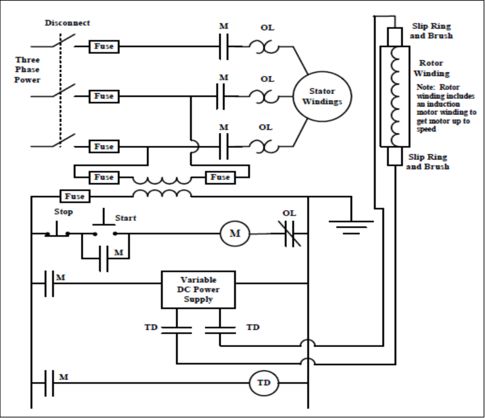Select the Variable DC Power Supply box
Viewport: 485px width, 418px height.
point(198,290)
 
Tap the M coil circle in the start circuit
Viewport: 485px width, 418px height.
point(234,233)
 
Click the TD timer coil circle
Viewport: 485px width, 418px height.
point(264,382)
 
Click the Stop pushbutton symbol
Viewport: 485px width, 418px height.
point(57,231)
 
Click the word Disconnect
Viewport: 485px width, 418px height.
point(67,23)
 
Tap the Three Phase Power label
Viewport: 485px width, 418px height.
point(27,70)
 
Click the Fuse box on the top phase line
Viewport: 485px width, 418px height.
point(104,46)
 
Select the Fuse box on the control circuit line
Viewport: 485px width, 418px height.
point(75,196)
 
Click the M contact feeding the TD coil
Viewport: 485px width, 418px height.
point(49,382)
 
